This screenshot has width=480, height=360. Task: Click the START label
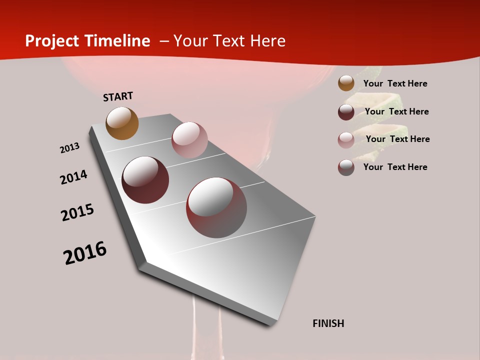point(118,96)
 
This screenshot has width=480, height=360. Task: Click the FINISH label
point(328,323)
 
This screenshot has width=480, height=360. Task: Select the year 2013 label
point(69,148)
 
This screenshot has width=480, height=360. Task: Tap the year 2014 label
point(73,177)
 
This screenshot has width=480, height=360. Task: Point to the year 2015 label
point(77,212)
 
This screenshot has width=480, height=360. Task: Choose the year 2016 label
point(85,253)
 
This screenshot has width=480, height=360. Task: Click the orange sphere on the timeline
point(122,123)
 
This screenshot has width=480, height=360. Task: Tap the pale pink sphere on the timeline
point(189,140)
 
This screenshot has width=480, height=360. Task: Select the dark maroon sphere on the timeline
point(145,180)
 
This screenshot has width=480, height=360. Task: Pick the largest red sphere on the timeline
point(216,207)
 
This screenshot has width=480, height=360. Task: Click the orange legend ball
point(346,83)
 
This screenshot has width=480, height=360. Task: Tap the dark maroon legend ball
point(346,112)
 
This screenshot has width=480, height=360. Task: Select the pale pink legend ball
point(346,140)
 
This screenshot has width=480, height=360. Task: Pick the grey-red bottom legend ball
point(346,167)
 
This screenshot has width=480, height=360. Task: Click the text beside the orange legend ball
point(395,83)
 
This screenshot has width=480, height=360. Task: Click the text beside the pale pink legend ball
point(397,139)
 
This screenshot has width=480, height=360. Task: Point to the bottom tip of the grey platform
point(270,324)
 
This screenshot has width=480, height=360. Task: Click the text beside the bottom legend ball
point(395,167)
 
